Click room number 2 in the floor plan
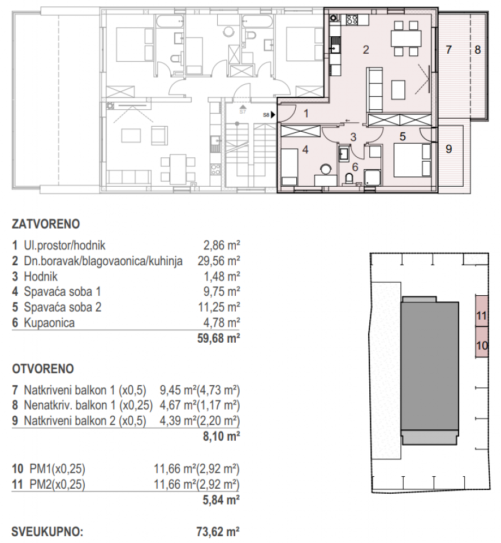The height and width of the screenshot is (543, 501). (366, 50)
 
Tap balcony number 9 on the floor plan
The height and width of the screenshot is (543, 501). (449, 149)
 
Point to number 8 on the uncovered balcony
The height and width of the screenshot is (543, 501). (478, 50)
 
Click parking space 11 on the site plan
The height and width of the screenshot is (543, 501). (481, 317)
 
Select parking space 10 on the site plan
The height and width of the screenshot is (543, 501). (481, 344)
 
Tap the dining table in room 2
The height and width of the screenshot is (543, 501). (407, 38)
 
